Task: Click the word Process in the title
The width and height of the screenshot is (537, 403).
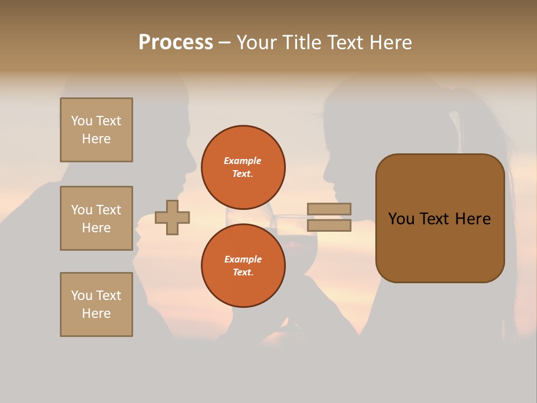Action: pyautogui.click(x=176, y=43)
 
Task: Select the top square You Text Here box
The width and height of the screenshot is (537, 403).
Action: pyautogui.click(x=96, y=130)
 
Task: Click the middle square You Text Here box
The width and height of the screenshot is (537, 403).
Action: pyautogui.click(x=96, y=218)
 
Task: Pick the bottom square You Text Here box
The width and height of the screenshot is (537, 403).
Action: pyautogui.click(x=96, y=304)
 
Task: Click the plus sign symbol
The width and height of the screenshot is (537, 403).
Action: pyautogui.click(x=172, y=217)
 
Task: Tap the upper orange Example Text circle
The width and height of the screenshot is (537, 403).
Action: pyautogui.click(x=243, y=167)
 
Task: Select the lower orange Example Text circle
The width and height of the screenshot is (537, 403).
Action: pyautogui.click(x=243, y=266)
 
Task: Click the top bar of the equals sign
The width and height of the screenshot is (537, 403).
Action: pyautogui.click(x=329, y=209)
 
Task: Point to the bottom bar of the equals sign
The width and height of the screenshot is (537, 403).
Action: pyautogui.click(x=329, y=226)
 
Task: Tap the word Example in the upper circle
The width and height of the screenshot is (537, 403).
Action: pyautogui.click(x=243, y=161)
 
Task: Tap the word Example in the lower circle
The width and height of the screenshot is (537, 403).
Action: pyautogui.click(x=243, y=259)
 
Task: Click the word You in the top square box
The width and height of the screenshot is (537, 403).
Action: pyautogui.click(x=82, y=121)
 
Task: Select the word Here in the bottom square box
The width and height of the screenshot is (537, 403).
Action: pyautogui.click(x=96, y=313)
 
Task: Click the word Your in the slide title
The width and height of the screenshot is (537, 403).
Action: pyautogui.click(x=257, y=43)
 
